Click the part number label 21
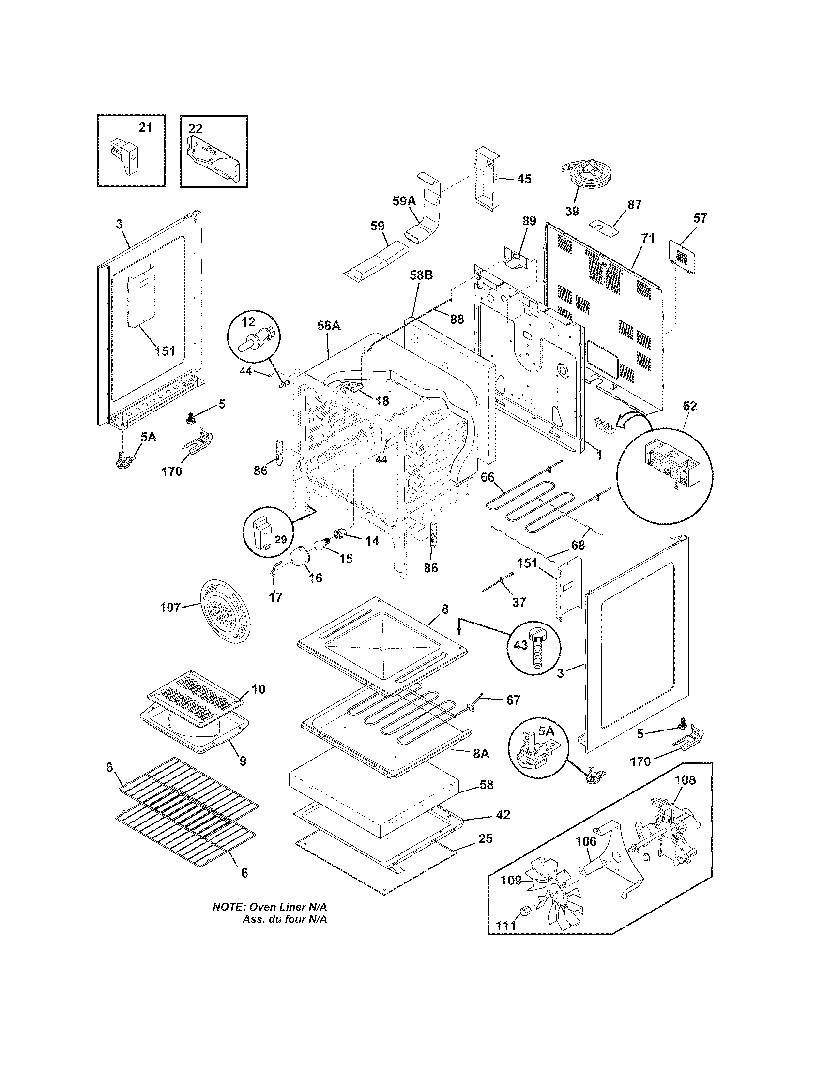145,128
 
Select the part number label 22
195,128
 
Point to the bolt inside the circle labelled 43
539,647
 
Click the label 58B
420,275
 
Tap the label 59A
404,201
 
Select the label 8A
481,753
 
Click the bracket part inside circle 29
262,533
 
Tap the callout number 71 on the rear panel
648,239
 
